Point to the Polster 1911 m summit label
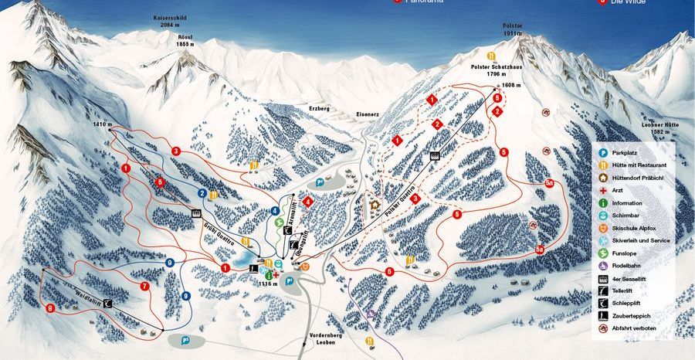click(x=513, y=30)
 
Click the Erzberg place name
click(x=319, y=109)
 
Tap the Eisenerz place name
click(x=368, y=113)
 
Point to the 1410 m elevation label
click(x=103, y=124)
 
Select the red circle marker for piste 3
click(x=176, y=151)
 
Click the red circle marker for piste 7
click(x=144, y=286)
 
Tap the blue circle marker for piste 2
click(x=202, y=193)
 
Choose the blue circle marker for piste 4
click(x=275, y=211)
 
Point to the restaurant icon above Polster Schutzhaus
click(x=490, y=56)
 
